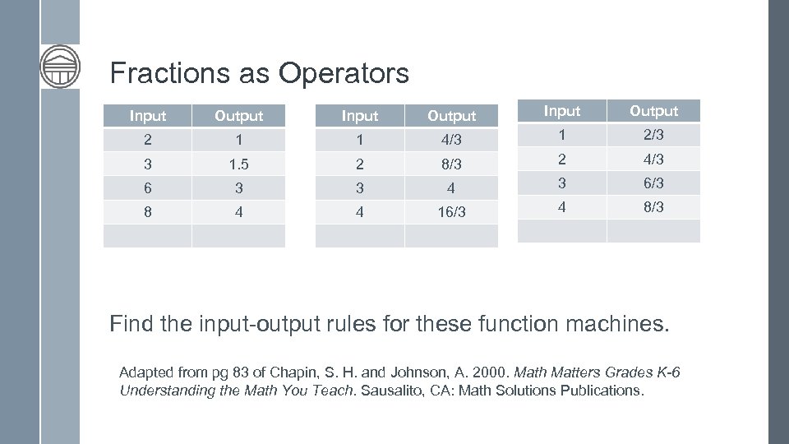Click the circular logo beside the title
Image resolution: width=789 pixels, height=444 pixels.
[x=60, y=65]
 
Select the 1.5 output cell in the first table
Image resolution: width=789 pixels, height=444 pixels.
[x=238, y=164]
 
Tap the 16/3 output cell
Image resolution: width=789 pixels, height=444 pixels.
[x=451, y=211]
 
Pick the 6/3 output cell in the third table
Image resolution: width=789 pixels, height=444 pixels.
[x=653, y=183]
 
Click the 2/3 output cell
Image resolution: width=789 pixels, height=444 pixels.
[x=653, y=135]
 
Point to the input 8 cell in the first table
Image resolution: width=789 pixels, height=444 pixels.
[x=147, y=211]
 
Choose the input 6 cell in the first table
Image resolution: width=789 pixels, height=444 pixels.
[x=147, y=187]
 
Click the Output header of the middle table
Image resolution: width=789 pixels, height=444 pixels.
[x=451, y=116]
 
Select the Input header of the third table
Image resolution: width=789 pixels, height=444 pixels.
[x=562, y=111]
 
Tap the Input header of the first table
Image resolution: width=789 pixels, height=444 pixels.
[x=147, y=116]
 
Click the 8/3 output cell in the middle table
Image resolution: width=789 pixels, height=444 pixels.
[x=451, y=164]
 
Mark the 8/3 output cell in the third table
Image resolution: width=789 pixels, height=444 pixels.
[x=653, y=206]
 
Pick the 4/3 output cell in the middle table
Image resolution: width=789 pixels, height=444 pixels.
[x=451, y=140]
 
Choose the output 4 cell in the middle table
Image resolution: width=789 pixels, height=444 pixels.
[x=451, y=187]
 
